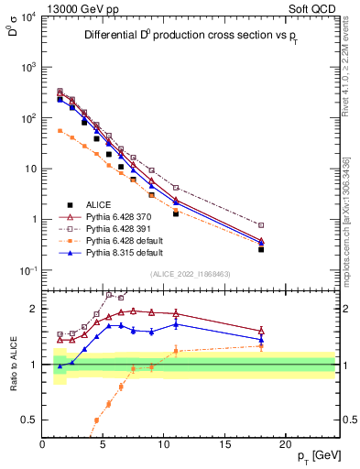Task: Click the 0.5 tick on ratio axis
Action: pyautogui.click(x=29, y=420)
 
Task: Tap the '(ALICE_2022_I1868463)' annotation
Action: pyautogui.click(x=190, y=275)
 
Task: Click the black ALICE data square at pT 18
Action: pyautogui.click(x=261, y=249)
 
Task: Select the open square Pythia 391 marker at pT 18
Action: pyautogui.click(x=261, y=225)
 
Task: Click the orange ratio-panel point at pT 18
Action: pyautogui.click(x=261, y=345)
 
